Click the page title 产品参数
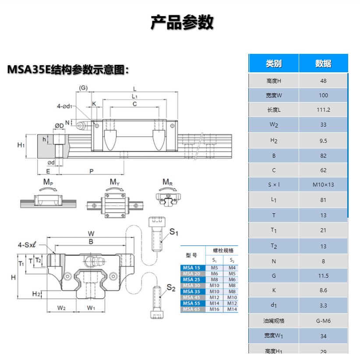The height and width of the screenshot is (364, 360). pyautogui.click(x=182, y=22)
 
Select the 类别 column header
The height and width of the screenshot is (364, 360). pyautogui.click(x=274, y=64)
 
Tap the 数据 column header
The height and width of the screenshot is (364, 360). pyautogui.click(x=323, y=64)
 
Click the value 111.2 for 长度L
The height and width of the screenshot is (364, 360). pyautogui.click(x=323, y=110)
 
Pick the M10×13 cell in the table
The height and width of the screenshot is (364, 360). pyautogui.click(x=323, y=184)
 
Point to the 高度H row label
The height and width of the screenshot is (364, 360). pyautogui.click(x=274, y=81)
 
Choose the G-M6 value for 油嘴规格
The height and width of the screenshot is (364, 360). pyautogui.click(x=323, y=321)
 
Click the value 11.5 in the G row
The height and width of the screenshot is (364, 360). pyautogui.click(x=323, y=276)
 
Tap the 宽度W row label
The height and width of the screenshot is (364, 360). pyautogui.click(x=274, y=95)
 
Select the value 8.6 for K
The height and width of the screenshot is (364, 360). pyautogui.click(x=323, y=290)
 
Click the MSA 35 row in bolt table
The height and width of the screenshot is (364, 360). pyautogui.click(x=191, y=291)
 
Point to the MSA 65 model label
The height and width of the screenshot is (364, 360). pyautogui.click(x=191, y=309)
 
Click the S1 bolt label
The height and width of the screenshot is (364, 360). pyautogui.click(x=174, y=232)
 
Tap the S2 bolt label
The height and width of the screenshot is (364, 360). pyautogui.click(x=171, y=288)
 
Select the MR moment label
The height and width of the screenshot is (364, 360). pyautogui.click(x=167, y=182)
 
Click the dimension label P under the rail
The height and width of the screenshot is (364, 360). pyautogui.click(x=91, y=171)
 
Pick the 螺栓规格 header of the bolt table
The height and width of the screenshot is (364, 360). pyautogui.click(x=223, y=251)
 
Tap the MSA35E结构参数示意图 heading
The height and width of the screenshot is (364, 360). pyautogui.click(x=68, y=70)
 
